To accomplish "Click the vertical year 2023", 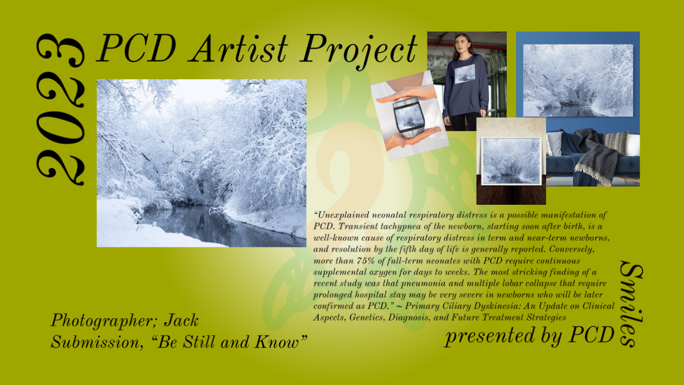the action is pos(60,110).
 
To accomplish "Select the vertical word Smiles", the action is pos(632,303).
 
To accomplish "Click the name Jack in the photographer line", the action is pos(181,320).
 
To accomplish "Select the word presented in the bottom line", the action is pos(490,335).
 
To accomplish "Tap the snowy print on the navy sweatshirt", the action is pos(465,74).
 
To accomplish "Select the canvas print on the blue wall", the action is pos(578,80).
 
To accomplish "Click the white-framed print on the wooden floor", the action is pos(511,161).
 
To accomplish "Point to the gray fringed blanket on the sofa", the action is pos(596,159).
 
